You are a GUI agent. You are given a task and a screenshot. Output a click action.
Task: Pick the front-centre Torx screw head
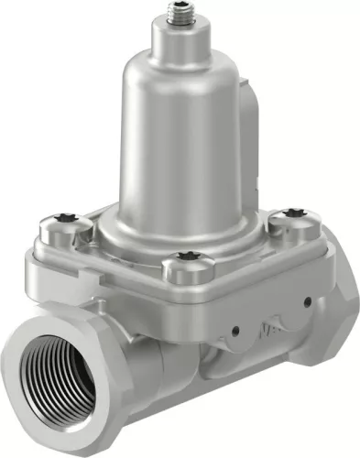[x=189, y=257]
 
